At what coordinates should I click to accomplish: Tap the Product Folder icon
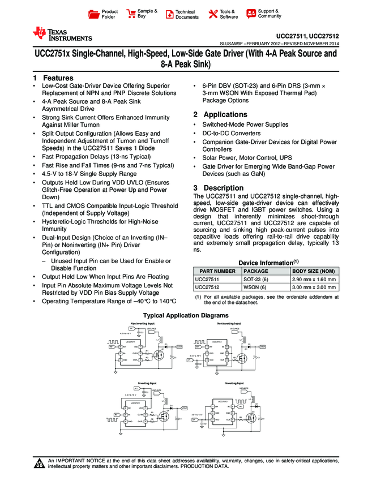pyautogui.click(x=95, y=14)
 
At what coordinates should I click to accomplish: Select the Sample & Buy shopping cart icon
pyautogui.click(x=131, y=14)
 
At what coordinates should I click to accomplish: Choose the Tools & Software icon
pyautogui.click(x=213, y=14)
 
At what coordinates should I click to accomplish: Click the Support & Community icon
pyautogui.click(x=251, y=14)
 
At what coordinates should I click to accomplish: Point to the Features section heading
pyautogui.click(x=53, y=78)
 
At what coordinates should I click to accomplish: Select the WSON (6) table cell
pyautogui.click(x=253, y=287)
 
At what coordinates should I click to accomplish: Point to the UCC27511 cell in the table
pyautogui.click(x=207, y=280)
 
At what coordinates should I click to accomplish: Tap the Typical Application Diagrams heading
pyautogui.click(x=186, y=315)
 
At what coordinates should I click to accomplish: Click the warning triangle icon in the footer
pyautogui.click(x=40, y=464)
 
